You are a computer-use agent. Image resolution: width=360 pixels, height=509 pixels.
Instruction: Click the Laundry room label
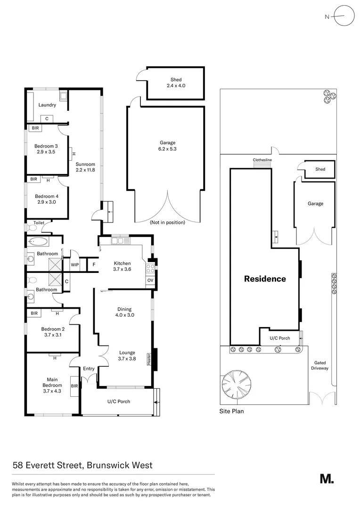[47, 105]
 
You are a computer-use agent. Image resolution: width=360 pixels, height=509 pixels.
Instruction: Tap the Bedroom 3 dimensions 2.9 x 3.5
[46, 152]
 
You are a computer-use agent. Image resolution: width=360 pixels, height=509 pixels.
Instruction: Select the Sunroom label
[85, 164]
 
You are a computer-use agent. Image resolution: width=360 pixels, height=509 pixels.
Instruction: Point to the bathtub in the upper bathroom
[38, 241]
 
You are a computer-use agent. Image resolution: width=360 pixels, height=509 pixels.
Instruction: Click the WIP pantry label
[74, 264]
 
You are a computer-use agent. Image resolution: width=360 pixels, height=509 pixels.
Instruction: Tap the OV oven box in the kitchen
[150, 280]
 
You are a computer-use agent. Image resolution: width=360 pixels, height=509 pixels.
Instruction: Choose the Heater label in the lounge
[149, 359]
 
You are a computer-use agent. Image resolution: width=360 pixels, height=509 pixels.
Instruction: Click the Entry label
[89, 369]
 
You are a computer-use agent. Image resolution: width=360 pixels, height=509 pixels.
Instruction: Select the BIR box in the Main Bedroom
[74, 386]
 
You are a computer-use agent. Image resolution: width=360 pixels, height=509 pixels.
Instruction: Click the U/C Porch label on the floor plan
[119, 402]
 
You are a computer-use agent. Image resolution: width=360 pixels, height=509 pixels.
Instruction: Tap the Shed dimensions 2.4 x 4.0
[176, 86]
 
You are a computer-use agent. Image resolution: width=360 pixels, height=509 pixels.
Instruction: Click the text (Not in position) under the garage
[167, 222]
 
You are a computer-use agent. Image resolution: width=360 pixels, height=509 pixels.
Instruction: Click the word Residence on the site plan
[265, 279]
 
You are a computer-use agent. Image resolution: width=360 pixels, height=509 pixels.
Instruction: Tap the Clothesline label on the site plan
[262, 160]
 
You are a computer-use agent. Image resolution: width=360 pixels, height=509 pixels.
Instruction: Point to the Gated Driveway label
[320, 366]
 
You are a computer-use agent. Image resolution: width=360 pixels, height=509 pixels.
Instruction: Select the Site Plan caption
[231, 411]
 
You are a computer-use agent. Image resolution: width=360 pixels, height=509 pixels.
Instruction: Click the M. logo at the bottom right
[327, 479]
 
